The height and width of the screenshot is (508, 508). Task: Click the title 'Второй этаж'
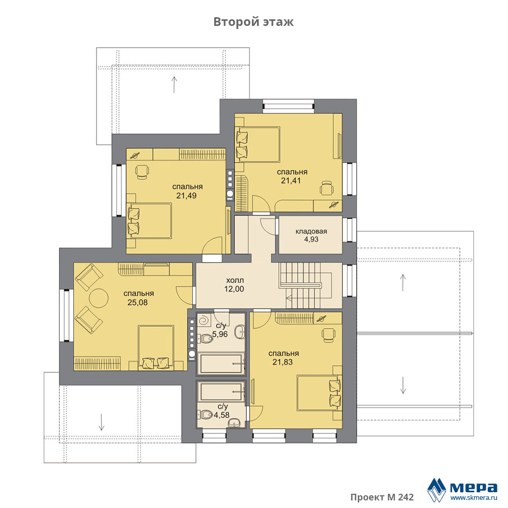253,22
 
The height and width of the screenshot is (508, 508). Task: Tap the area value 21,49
186,196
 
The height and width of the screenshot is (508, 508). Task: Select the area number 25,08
138,303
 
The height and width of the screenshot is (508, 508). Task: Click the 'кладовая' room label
311,231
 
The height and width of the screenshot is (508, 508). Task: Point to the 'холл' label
235,280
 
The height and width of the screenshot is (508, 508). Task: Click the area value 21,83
282,362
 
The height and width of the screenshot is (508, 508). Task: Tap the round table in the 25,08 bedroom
99,298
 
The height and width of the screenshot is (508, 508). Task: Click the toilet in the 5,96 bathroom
205,339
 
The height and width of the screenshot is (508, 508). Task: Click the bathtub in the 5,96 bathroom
221,364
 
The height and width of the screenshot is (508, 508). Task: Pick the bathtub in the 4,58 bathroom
221,392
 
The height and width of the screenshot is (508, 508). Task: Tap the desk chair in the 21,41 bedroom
327,188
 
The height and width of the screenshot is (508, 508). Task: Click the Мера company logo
462,489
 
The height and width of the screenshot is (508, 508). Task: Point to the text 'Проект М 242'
382,497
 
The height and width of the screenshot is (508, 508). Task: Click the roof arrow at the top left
174,84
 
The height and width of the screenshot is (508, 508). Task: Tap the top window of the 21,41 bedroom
289,106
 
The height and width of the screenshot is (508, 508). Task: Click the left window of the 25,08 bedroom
67,315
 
